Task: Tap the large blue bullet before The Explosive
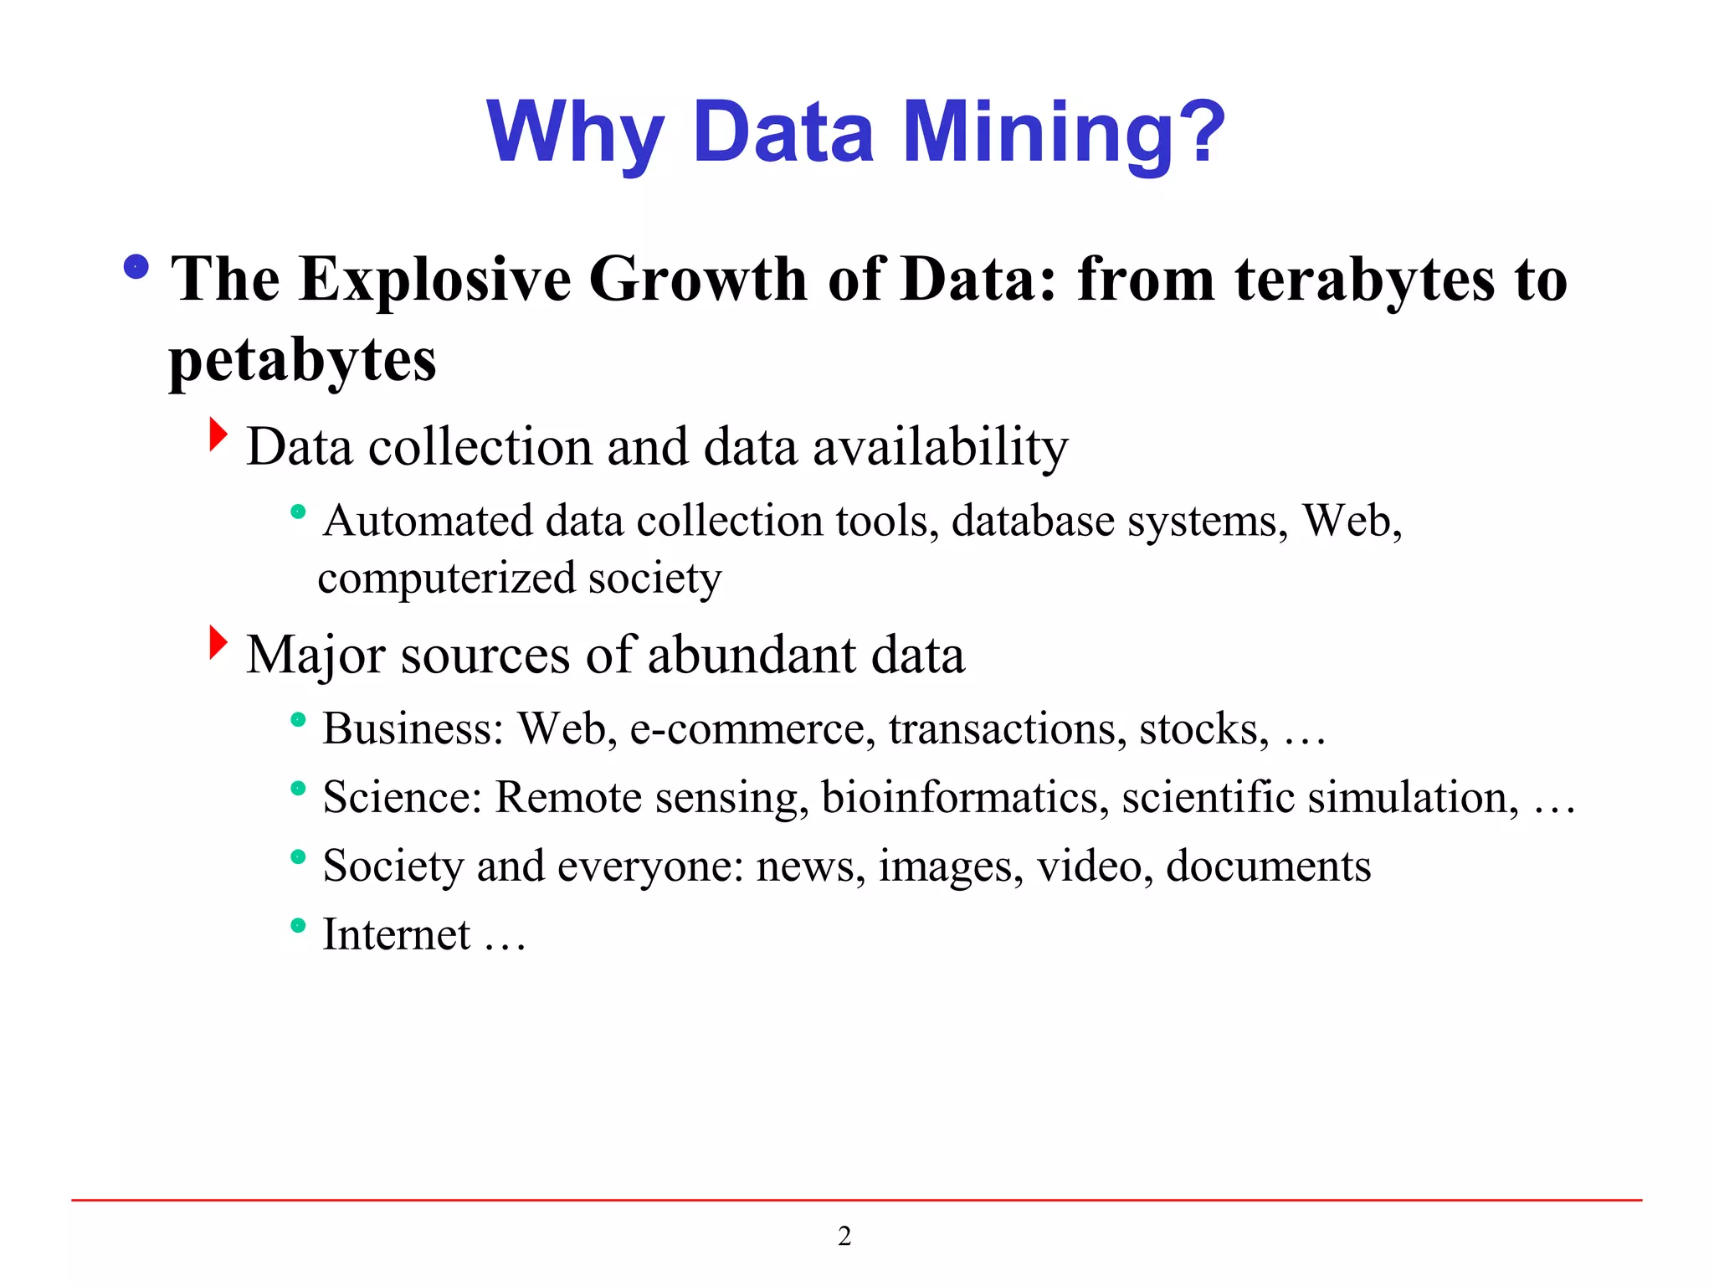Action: click(136, 267)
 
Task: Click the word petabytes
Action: click(302, 362)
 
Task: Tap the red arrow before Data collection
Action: click(218, 435)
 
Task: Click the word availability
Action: click(941, 447)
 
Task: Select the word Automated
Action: click(428, 521)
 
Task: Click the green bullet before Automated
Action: click(298, 512)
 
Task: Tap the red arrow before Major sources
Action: click(218, 642)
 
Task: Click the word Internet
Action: click(397, 935)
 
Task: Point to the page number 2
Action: click(844, 1237)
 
